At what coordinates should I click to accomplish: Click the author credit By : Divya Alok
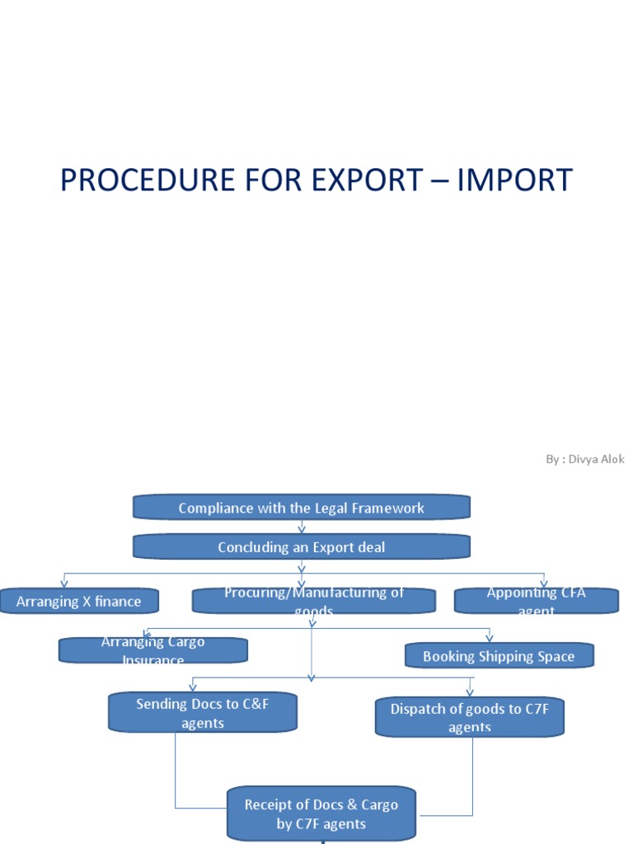[x=584, y=459]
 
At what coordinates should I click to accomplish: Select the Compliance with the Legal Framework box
[x=302, y=508]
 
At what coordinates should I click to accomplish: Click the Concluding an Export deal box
[x=302, y=547]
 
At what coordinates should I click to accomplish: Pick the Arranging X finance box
[x=79, y=602]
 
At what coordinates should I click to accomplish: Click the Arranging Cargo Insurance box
[x=153, y=650]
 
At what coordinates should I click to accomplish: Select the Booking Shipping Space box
[x=499, y=656]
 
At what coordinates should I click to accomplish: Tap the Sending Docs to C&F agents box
[x=202, y=712]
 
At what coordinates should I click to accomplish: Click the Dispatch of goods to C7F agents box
[x=469, y=717]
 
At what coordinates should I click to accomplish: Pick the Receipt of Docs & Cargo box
[x=321, y=814]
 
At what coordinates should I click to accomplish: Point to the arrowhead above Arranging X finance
[x=64, y=584]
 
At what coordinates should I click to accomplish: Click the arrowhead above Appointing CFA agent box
[x=544, y=584]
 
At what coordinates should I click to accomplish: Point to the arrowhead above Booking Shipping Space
[x=490, y=638]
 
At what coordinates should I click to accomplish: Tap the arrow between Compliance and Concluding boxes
[x=302, y=527]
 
